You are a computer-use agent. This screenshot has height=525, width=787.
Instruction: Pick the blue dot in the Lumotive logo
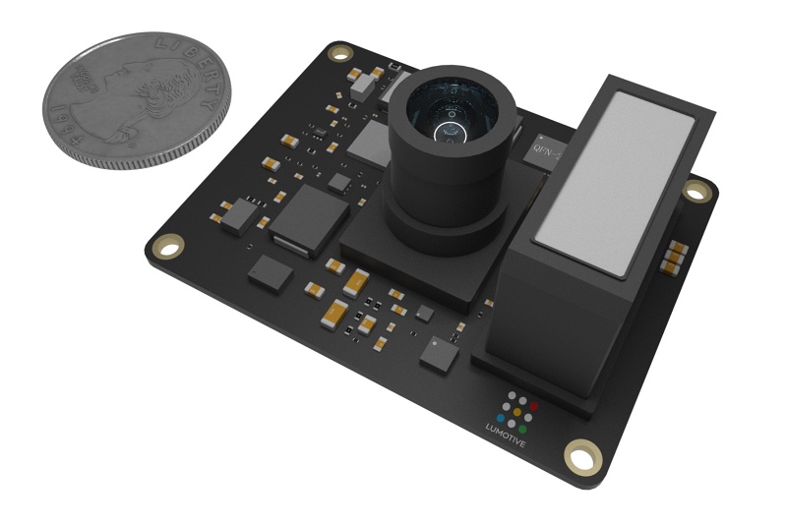click(501, 417)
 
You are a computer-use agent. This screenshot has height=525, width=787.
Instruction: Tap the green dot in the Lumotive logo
click(524, 429)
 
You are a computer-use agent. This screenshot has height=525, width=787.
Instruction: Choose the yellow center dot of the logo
click(517, 413)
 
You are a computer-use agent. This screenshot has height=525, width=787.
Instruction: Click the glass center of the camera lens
click(448, 125)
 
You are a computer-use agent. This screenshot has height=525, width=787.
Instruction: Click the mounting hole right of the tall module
click(696, 193)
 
